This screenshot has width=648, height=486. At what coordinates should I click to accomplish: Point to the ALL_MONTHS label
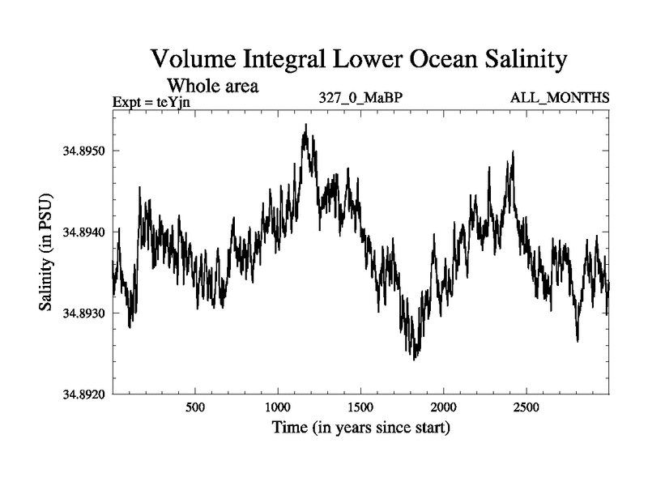point(560,99)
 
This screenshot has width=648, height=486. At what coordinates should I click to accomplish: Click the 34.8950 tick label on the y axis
point(82,151)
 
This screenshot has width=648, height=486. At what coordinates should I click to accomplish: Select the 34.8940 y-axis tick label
point(82,232)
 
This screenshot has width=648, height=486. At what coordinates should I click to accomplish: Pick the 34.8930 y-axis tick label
point(82,313)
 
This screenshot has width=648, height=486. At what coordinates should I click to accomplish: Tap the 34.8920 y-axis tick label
point(82,394)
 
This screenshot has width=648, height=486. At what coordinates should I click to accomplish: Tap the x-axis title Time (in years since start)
point(360,427)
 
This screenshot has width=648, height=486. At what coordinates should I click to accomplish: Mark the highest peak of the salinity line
point(305,125)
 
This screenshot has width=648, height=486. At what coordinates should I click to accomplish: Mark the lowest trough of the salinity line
point(414,359)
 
